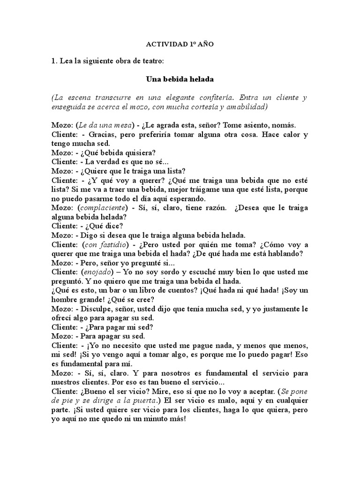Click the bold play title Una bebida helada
(180, 79)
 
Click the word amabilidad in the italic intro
(244, 107)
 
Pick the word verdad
(112, 161)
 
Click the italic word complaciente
(103, 208)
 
